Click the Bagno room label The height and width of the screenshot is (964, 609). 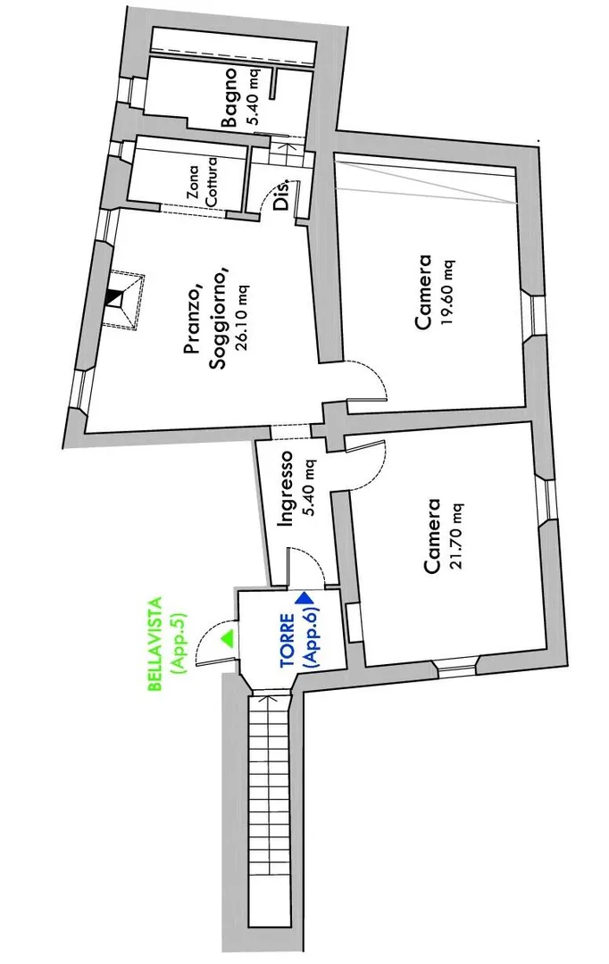[230, 97]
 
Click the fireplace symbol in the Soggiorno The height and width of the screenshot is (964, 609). [118, 299]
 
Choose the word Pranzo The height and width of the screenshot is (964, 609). [191, 317]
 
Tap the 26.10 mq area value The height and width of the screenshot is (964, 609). [241, 318]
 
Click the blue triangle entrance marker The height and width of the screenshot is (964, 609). [306, 597]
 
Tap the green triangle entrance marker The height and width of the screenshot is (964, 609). [228, 637]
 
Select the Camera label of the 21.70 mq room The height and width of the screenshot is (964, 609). [433, 535]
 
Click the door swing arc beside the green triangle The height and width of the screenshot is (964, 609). [209, 636]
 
